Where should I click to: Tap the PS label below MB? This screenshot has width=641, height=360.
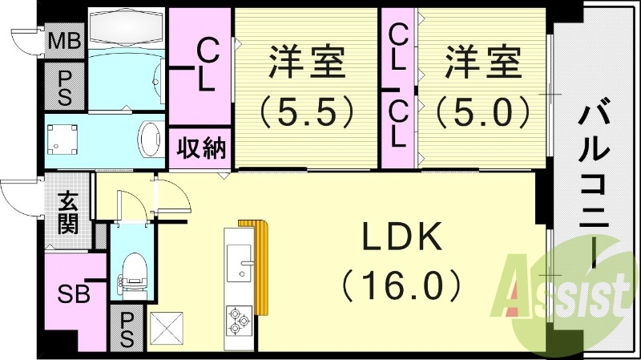pos(66,86)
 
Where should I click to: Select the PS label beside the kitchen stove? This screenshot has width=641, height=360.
pos(127,328)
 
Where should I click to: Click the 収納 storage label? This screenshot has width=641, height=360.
pos(201,148)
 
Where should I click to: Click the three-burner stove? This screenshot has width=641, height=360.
pos(240,320)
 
